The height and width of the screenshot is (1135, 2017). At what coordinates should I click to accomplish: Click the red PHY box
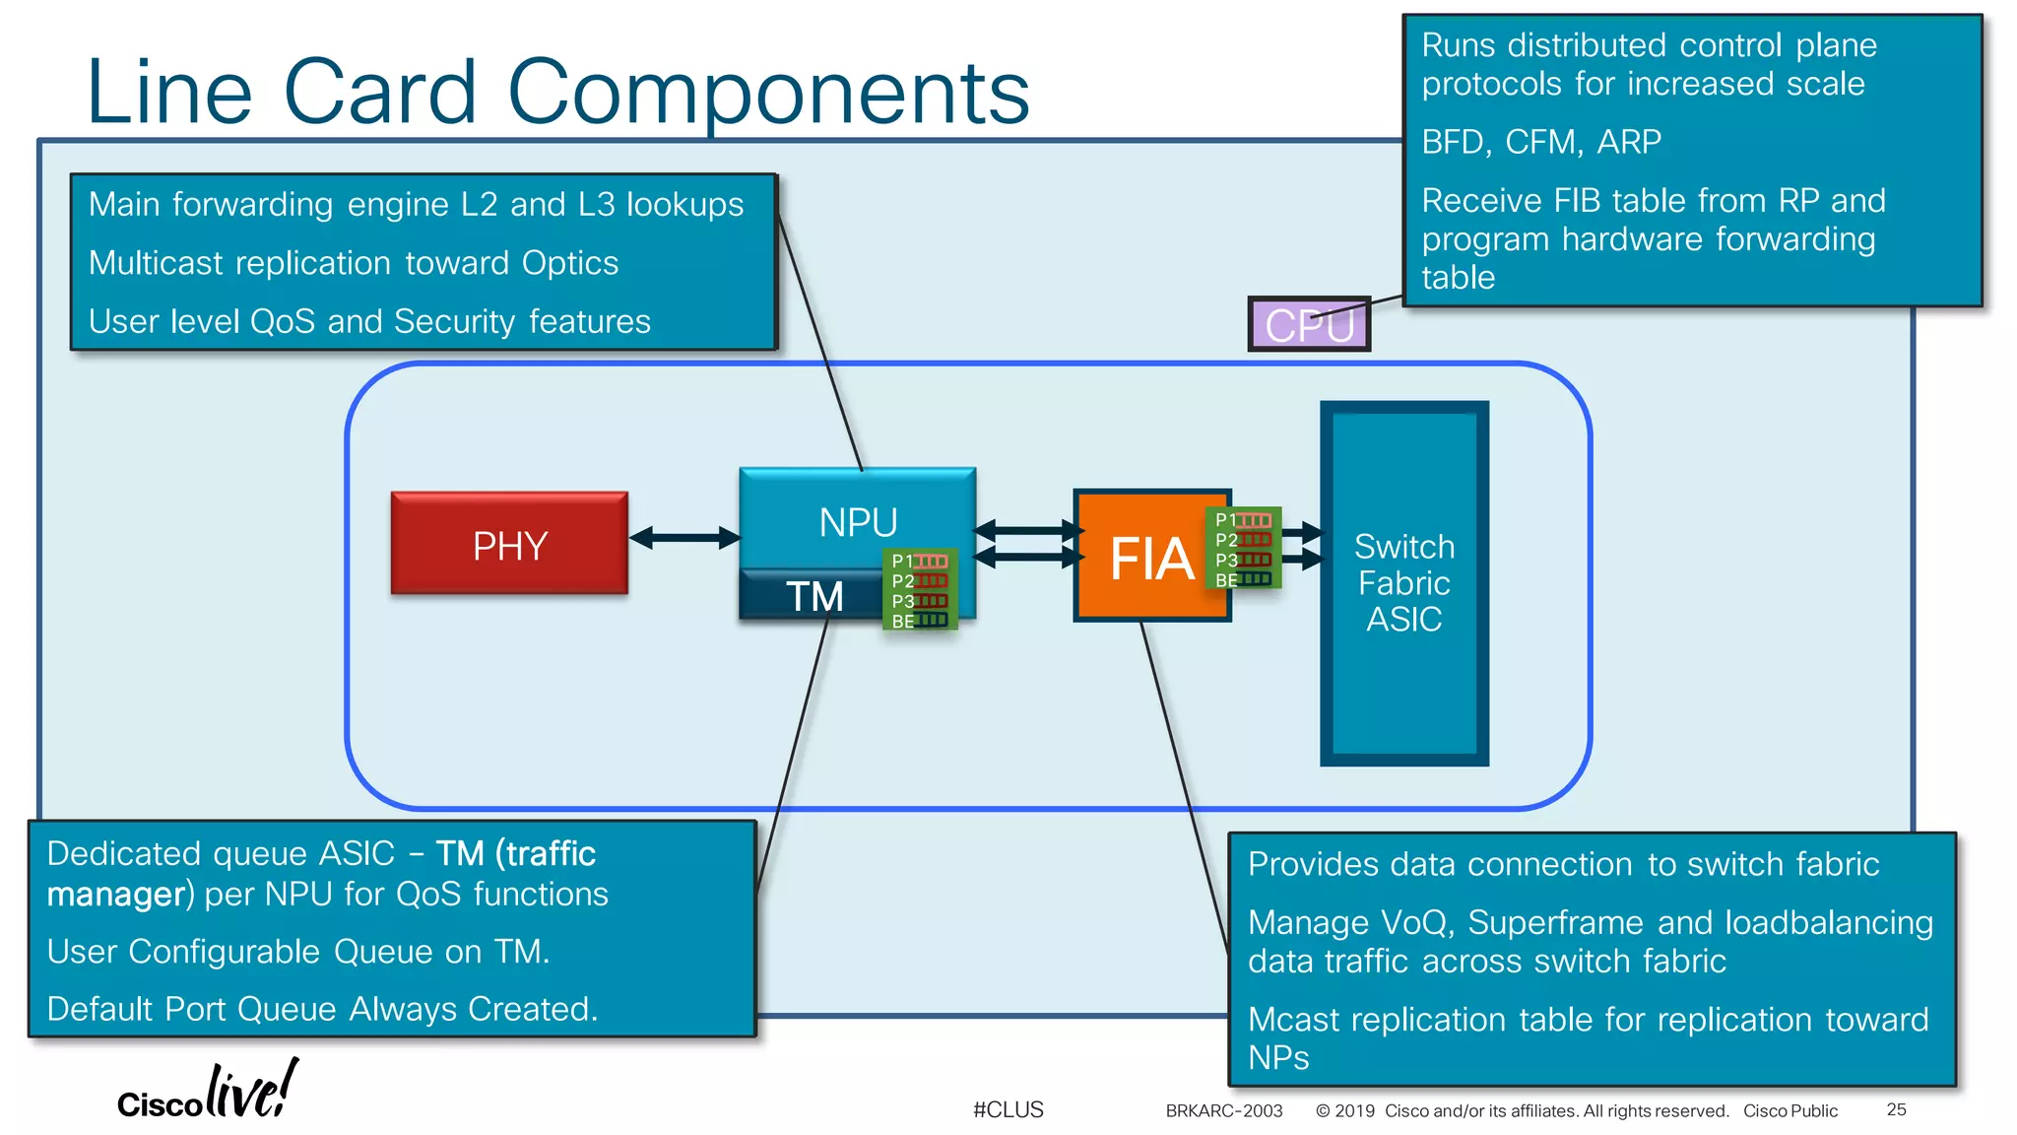(509, 544)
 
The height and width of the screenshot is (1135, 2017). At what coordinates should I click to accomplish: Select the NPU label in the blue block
(858, 522)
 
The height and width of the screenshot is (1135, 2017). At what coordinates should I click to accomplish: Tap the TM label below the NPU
(813, 596)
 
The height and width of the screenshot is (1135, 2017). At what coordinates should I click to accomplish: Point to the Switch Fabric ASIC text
(1403, 582)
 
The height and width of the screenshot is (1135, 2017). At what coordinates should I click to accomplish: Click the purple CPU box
(1308, 325)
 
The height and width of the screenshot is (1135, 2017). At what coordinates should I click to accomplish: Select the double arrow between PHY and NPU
(684, 538)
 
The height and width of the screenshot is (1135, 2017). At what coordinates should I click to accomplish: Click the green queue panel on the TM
(920, 589)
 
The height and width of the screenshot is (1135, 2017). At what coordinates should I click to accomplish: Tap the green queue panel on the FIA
(1243, 548)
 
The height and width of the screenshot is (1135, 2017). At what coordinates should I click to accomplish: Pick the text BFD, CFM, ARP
(1540, 142)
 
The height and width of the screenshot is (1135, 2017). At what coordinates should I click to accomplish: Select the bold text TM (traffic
(516, 853)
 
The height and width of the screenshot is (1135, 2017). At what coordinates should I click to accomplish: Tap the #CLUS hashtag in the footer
(1008, 1109)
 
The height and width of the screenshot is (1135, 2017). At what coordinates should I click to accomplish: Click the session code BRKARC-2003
(1223, 1110)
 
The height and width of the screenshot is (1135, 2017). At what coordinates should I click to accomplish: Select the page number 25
(1896, 1109)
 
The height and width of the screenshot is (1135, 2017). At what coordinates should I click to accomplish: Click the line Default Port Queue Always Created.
(322, 1009)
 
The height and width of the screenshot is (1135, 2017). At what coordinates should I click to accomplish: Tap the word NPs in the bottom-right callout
(1277, 1058)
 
